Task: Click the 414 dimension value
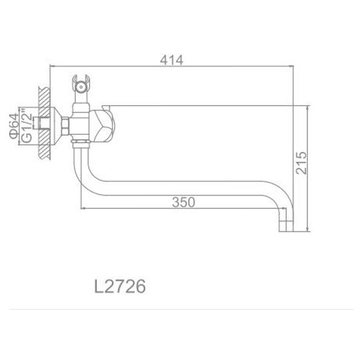[x=171, y=59]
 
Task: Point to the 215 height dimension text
[x=302, y=162]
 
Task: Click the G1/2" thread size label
[x=27, y=126]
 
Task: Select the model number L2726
[x=120, y=286]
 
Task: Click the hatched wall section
[x=43, y=125]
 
